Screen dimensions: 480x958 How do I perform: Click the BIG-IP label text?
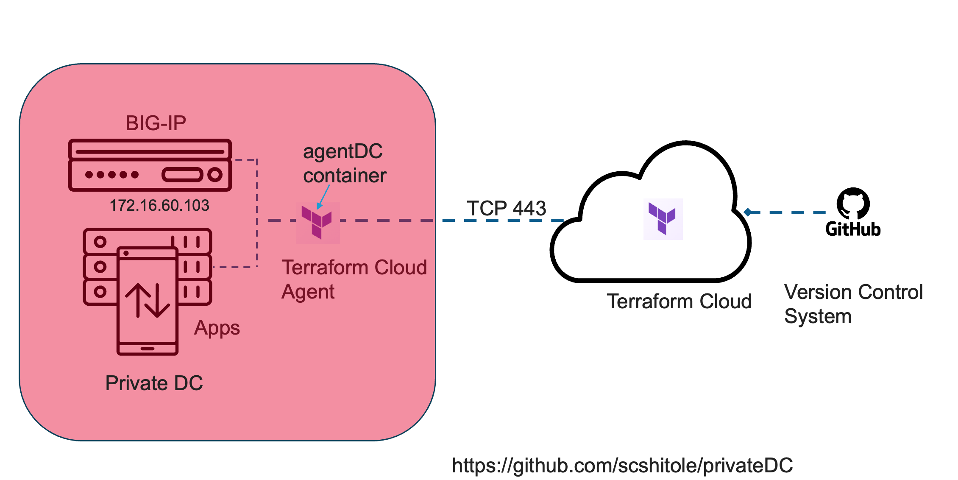click(x=156, y=123)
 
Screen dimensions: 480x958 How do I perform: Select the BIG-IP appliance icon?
click(x=150, y=165)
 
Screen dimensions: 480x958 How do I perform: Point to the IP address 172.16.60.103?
click(x=159, y=206)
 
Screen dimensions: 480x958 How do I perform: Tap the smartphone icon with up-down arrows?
click(x=147, y=301)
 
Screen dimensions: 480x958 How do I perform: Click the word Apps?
click(x=217, y=328)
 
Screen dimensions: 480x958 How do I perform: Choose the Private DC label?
click(x=154, y=383)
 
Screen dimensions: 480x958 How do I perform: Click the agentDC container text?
click(x=344, y=164)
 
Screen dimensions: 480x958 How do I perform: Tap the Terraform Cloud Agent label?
click(x=354, y=279)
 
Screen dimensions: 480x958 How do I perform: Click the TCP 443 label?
click(x=506, y=208)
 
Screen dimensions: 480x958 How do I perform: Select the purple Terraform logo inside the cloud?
click(x=663, y=219)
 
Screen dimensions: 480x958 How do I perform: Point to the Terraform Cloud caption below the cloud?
click(x=679, y=301)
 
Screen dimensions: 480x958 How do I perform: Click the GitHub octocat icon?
click(x=853, y=203)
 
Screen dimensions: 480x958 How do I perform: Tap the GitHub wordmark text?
click(x=853, y=229)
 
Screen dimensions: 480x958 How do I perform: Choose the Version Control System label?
click(x=853, y=304)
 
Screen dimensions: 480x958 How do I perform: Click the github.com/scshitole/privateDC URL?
click(x=622, y=466)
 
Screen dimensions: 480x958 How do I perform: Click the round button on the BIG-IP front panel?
click(x=215, y=174)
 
